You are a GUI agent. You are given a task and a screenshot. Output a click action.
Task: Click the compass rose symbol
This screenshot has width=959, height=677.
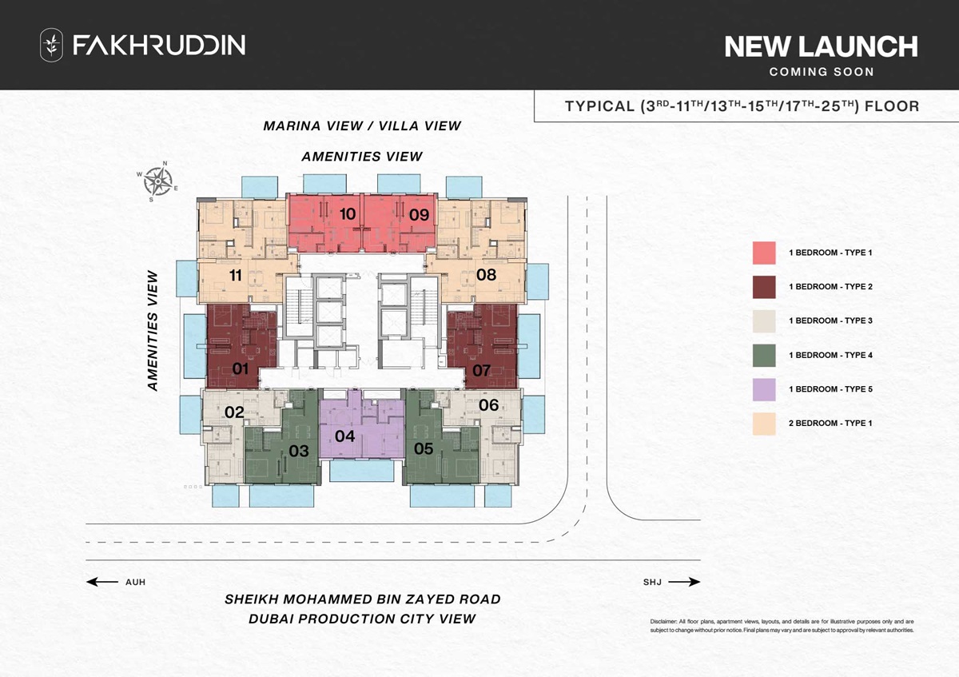[x=160, y=181]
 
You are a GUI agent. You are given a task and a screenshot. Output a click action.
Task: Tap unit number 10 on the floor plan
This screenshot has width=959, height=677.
[x=347, y=214]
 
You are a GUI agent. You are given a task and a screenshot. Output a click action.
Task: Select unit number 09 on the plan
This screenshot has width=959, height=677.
[x=419, y=214]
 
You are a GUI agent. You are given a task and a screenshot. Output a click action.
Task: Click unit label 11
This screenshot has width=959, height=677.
[x=235, y=275]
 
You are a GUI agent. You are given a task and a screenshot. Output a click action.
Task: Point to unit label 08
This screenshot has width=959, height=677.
[x=486, y=275]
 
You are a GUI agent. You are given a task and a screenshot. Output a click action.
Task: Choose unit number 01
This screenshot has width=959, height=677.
[x=241, y=368]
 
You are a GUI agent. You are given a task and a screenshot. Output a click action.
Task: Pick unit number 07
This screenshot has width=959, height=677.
[x=481, y=370]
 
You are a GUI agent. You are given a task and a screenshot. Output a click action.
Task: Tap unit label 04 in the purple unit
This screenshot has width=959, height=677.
[x=345, y=436]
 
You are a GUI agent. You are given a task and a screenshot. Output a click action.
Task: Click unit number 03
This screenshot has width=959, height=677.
[x=299, y=451]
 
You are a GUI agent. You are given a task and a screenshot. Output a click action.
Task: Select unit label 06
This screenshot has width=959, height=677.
[x=488, y=405]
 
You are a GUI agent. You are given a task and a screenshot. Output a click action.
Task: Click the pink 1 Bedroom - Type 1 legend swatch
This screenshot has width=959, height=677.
[x=764, y=253]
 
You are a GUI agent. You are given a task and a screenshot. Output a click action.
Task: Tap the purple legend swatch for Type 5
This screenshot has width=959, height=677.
[x=764, y=389]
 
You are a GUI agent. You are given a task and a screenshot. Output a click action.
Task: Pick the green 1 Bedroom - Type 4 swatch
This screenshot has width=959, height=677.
[x=764, y=355]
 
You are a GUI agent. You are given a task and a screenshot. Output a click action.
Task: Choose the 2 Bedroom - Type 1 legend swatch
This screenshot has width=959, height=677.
[x=764, y=424]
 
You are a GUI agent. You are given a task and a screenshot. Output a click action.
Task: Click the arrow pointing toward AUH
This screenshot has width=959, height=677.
[x=101, y=582]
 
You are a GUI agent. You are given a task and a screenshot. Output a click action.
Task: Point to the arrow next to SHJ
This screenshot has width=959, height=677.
[x=684, y=582]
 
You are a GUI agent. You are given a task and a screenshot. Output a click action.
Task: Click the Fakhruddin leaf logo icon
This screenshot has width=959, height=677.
[x=51, y=45]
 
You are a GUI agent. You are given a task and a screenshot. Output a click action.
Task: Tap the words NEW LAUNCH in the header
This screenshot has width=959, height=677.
[x=821, y=47]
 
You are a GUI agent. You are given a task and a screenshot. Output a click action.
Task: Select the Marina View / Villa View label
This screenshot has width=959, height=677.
[x=362, y=125]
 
